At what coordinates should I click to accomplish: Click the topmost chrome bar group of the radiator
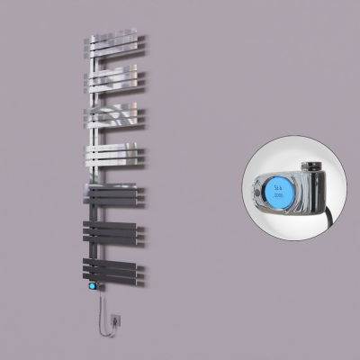click(x=115, y=44)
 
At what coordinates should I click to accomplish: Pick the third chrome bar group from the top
click(x=114, y=116)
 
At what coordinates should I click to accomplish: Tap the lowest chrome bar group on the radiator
click(x=114, y=156)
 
